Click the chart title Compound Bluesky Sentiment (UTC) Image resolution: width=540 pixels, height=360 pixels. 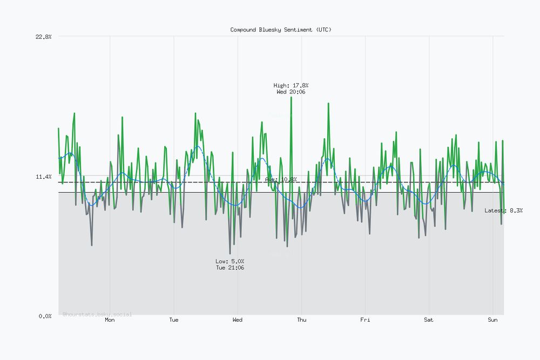pos(281,30)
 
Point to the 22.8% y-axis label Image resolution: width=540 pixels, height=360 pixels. pos(43,37)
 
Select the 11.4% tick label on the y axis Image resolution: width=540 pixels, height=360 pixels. pos(43,176)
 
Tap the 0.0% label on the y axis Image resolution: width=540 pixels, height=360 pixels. pos(44,316)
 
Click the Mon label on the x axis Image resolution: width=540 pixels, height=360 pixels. pos(110,320)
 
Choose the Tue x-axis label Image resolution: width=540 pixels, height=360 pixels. pos(173,320)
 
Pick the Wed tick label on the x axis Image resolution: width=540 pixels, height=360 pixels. pos(238,320)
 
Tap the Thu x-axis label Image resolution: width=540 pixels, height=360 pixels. pos(301,320)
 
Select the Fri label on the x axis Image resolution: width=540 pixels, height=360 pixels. pos(365,320)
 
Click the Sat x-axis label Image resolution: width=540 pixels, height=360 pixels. pos(429,320)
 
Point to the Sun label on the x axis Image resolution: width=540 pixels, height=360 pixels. pos(492,320)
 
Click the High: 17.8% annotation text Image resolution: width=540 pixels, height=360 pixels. pos(291,86)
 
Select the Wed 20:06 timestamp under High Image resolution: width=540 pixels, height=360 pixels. pos(291,92)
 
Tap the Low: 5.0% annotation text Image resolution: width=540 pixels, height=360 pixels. pos(230,261)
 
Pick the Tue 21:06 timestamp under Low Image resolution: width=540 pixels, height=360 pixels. pos(230,268)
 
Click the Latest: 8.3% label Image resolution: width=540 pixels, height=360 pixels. pos(503,210)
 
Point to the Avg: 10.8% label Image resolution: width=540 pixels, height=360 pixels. pos(281,179)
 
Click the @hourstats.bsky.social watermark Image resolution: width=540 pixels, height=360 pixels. pos(97,314)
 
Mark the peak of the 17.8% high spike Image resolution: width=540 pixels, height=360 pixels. pos(291,98)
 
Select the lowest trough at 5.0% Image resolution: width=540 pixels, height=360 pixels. pos(230,254)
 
